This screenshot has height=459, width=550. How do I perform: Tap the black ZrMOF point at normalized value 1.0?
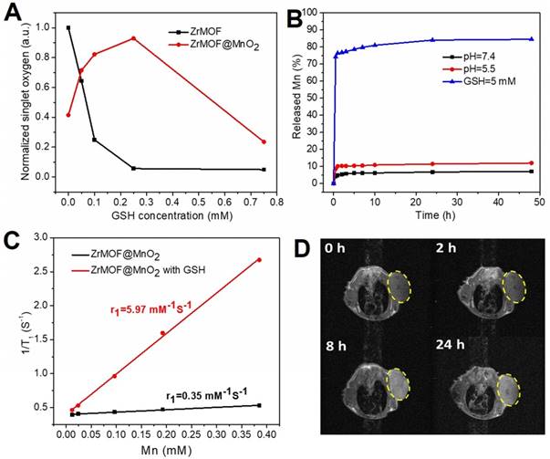coord(68,27)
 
